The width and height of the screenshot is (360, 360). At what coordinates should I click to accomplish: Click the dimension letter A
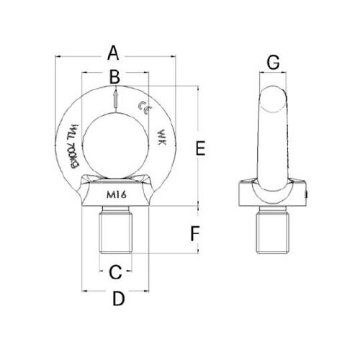[112, 53]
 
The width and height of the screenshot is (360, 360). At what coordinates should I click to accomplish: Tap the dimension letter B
[114, 76]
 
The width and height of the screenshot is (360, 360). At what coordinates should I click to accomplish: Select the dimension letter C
[114, 272]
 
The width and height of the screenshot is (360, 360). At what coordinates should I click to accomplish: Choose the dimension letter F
[193, 233]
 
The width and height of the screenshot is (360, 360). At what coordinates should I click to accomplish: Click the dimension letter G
[273, 63]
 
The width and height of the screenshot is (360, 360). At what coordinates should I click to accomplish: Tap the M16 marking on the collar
[116, 194]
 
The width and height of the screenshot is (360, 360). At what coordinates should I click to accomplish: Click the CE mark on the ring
[143, 109]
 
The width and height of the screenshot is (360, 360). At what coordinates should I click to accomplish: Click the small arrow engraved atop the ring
[114, 99]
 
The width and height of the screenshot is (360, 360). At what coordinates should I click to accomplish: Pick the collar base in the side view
[273, 194]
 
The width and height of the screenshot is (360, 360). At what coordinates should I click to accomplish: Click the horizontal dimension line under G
[273, 73]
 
